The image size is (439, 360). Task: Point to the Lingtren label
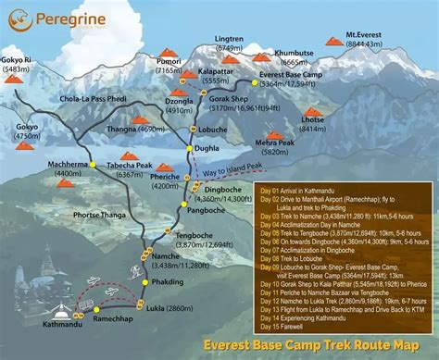click(x=229, y=40)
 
